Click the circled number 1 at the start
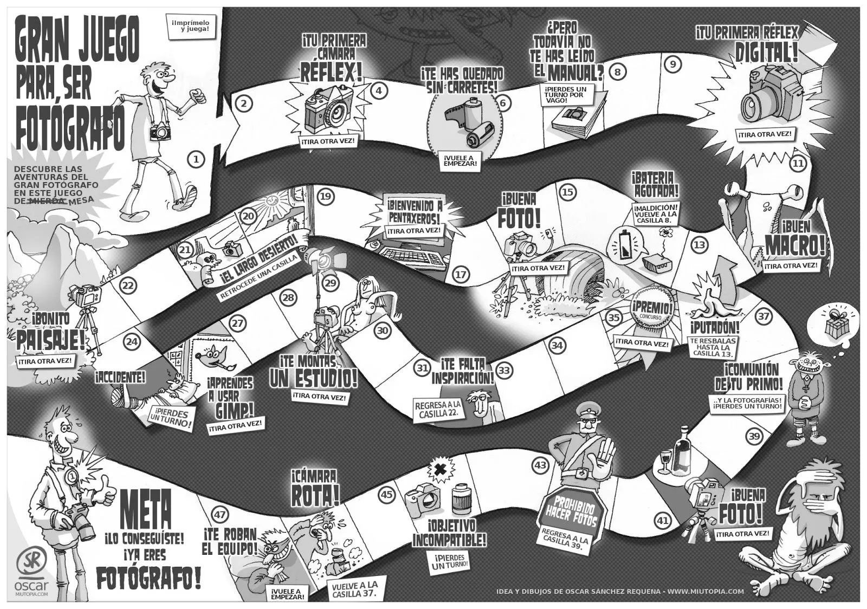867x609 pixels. tap(196, 159)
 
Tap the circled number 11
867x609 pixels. tap(798, 163)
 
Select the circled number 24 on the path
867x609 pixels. tap(132, 341)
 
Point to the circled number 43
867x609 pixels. tap(540, 464)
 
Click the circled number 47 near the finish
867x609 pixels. tap(219, 515)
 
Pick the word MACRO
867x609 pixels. tap(795, 245)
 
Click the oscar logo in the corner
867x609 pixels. tap(31, 574)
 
